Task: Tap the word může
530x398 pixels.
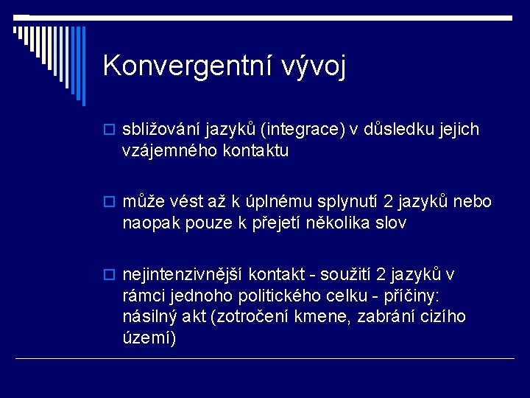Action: click(x=145, y=202)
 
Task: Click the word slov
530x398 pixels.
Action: click(x=390, y=223)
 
